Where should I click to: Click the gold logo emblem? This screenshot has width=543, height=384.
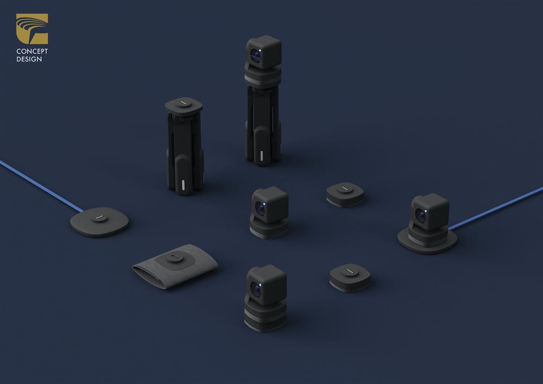[x=32, y=29]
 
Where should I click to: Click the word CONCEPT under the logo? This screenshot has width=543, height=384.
[x=32, y=51]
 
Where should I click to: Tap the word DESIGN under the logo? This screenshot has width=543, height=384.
[x=29, y=59]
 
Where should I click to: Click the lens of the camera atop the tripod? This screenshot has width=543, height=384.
[x=256, y=55]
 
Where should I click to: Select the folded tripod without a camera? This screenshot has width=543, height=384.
[x=184, y=146]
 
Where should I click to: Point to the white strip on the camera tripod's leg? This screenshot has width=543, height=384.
[x=262, y=156]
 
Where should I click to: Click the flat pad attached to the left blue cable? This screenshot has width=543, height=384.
[x=99, y=222]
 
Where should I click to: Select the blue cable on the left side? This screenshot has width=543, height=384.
[x=41, y=186]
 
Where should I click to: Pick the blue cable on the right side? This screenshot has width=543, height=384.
[x=496, y=208]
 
